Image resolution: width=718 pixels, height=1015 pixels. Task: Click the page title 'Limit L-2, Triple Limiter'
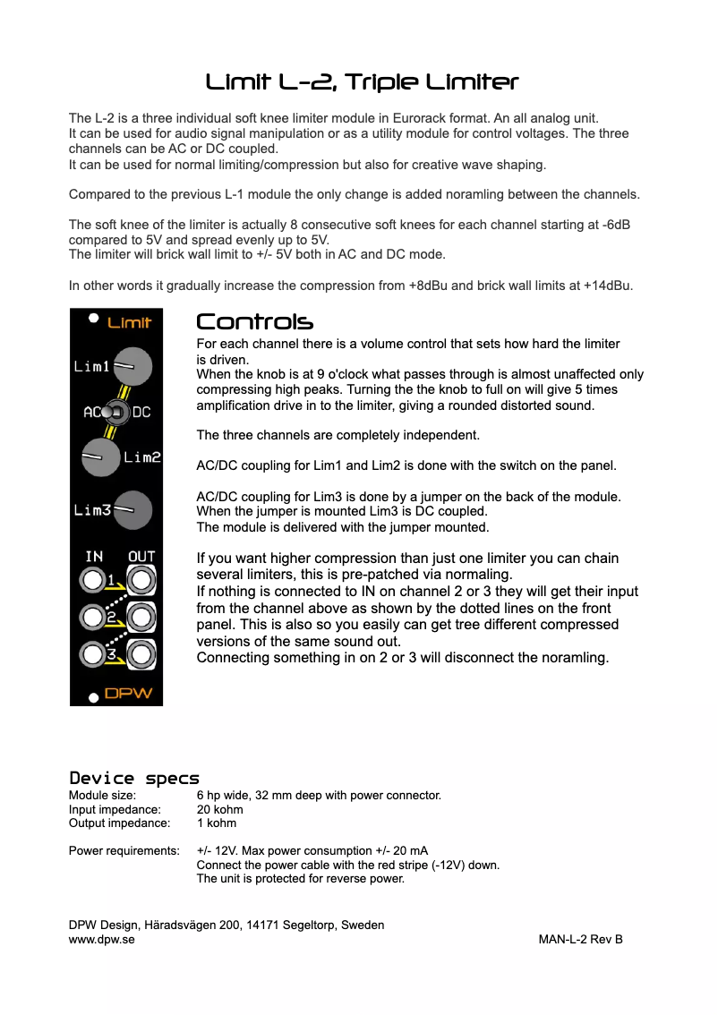click(362, 82)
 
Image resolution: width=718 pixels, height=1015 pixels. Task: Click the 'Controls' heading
click(254, 322)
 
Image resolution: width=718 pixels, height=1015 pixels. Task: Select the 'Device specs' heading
click(134, 778)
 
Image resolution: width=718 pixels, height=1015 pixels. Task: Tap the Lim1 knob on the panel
click(133, 365)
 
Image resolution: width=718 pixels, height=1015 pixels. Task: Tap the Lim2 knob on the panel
click(99, 457)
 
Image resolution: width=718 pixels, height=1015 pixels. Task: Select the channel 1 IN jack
click(92, 581)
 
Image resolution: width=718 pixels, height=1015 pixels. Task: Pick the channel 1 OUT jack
click(141, 581)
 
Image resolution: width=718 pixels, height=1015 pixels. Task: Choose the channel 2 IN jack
click(92, 617)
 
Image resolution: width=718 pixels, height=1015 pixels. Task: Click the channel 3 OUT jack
click(141, 652)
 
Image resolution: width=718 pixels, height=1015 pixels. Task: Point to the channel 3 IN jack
click(92, 652)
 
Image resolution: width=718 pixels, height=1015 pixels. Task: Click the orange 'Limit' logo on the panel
click(130, 322)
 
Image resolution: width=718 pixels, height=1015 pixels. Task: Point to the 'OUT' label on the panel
click(141, 557)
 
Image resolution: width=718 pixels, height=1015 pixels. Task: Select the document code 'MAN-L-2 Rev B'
click(580, 939)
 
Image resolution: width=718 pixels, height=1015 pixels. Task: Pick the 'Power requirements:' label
click(124, 850)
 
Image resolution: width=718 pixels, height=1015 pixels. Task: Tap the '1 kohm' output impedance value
click(217, 823)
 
